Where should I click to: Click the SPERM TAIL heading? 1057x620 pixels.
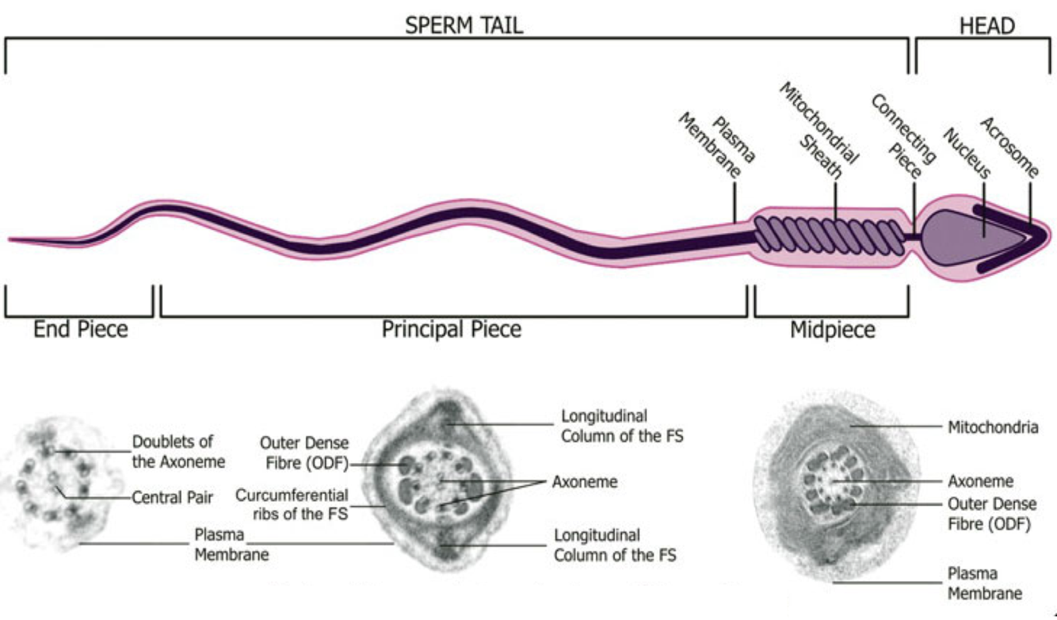(464, 25)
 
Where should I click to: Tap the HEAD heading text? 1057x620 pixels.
(986, 25)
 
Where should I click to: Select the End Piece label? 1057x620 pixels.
(80, 329)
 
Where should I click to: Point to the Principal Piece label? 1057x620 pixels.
(452, 329)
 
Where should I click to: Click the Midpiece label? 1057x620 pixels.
(833, 330)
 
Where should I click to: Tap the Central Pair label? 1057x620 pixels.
(173, 499)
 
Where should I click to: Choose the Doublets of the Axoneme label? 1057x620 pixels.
(178, 451)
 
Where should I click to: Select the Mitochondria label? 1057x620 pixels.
(993, 428)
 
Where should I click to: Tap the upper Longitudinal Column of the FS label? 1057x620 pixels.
(622, 425)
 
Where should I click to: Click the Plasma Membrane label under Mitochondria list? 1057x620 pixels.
(985, 583)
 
